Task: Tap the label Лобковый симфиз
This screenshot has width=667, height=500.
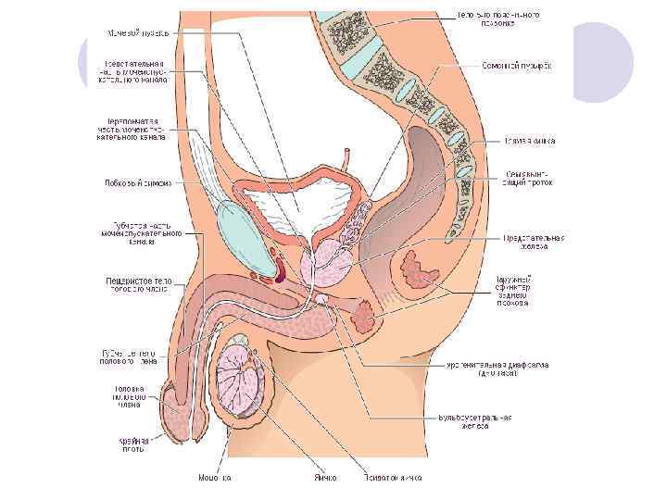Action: (137, 182)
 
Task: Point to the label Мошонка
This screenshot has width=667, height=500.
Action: (215, 478)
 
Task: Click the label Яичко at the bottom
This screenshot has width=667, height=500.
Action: (324, 478)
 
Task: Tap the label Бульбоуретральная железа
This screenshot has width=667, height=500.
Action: (475, 422)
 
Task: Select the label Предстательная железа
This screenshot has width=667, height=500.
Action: (535, 242)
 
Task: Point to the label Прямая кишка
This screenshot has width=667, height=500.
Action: (530, 141)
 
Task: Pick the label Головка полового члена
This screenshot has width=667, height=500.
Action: (130, 396)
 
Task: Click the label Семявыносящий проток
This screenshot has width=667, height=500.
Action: (531, 176)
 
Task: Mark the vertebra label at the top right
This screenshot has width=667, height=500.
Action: (497, 19)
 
